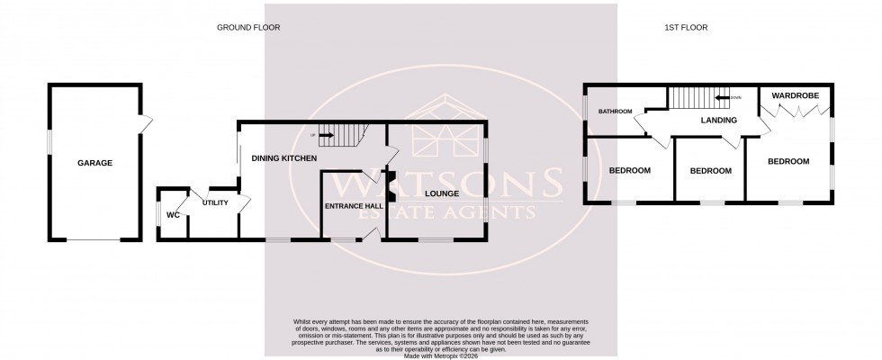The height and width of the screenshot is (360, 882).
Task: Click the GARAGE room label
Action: [x=94, y=163]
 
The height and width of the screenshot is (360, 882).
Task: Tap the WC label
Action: [x=173, y=215]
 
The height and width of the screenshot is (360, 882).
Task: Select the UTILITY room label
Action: [x=215, y=202]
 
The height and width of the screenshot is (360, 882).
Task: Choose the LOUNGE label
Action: [x=438, y=193]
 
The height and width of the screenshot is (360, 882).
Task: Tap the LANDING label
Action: [x=719, y=120]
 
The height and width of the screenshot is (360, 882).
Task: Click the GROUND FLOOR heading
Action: [x=248, y=28]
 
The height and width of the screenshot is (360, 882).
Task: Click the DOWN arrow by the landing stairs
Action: [x=726, y=97]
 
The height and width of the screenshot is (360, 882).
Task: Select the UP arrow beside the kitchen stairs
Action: [x=322, y=136]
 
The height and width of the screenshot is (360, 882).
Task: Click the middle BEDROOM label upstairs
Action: [x=710, y=171]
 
